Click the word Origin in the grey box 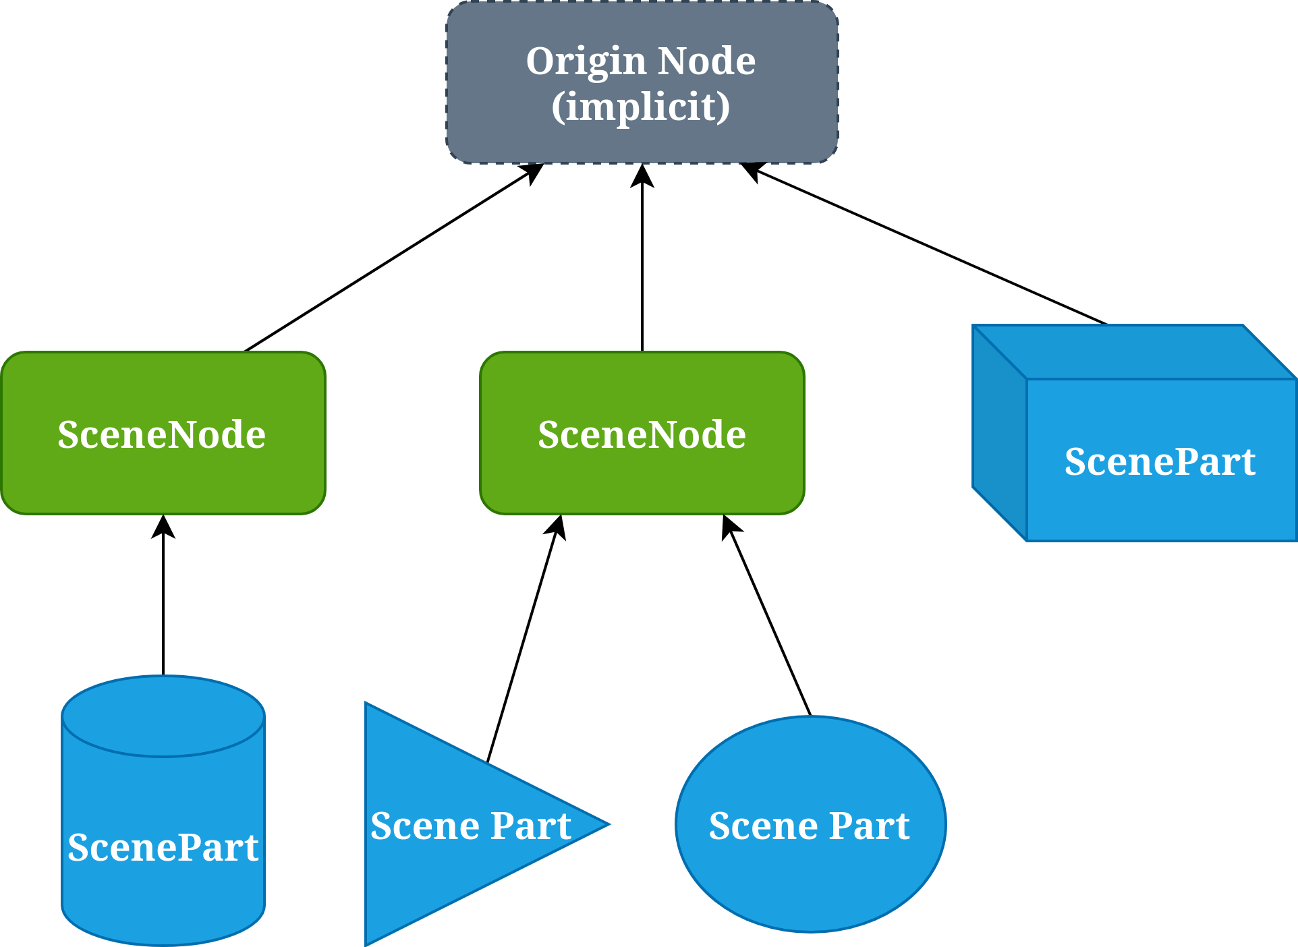[x=586, y=63]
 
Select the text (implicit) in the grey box [x=641, y=107]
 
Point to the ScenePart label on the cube [x=1160, y=462]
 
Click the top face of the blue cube [x=1133, y=351]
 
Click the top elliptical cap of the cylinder [x=163, y=715]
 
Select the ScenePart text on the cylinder [x=163, y=847]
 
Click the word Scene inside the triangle [x=424, y=826]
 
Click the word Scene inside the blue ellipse [x=762, y=826]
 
